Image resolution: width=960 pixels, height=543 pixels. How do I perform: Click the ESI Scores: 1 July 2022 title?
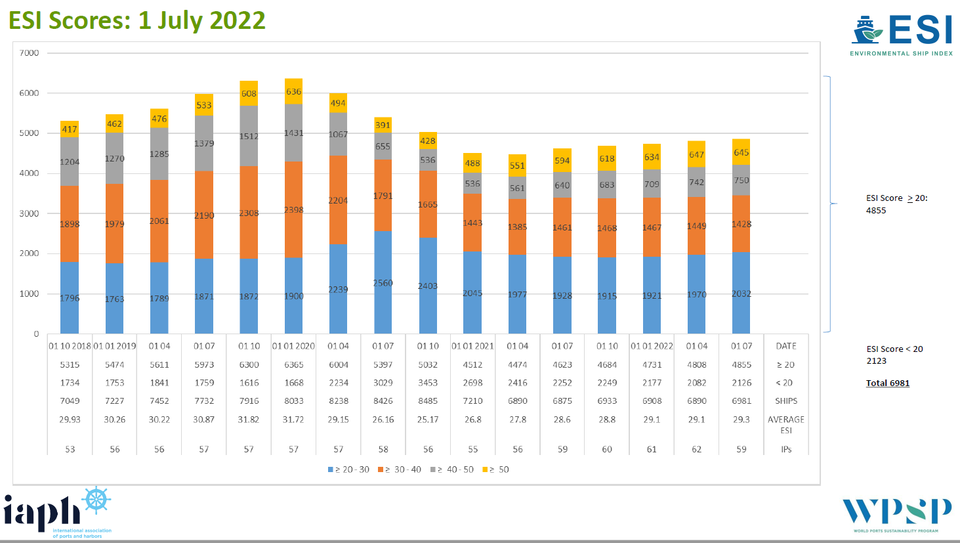137,20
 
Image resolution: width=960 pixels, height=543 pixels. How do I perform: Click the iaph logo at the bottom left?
58,513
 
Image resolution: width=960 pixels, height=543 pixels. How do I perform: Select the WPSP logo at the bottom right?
896,514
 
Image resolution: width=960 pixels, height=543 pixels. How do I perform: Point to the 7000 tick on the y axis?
30,53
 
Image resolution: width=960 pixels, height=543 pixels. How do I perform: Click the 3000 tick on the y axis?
30,213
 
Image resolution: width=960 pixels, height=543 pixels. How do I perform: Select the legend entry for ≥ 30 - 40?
400,469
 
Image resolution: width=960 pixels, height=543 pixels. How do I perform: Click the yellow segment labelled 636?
293,92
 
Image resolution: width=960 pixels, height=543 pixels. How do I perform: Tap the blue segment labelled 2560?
383,282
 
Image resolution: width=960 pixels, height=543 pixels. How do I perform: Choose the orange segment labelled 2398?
293,209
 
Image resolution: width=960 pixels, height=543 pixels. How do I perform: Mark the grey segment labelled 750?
741,180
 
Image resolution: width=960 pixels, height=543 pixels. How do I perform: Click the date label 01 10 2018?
70,346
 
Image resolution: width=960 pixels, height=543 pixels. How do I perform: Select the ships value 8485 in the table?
428,401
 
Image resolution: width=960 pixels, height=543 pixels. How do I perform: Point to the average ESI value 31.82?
249,419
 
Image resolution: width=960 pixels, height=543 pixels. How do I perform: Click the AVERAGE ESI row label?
785,424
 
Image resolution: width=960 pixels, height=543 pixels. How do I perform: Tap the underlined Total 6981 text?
887,383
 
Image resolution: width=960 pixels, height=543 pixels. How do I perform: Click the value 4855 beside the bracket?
876,210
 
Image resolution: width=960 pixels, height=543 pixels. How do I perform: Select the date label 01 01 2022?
652,346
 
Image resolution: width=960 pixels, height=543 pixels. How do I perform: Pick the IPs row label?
785,449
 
